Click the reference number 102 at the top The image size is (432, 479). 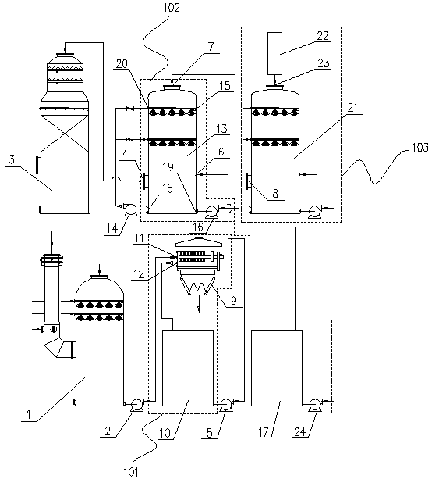[172, 7]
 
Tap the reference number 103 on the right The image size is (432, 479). [420, 148]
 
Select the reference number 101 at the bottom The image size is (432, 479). [131, 472]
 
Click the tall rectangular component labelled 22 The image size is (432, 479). [274, 53]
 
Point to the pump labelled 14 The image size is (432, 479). [129, 209]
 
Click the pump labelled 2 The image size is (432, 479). [137, 404]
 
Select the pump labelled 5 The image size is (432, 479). [226, 404]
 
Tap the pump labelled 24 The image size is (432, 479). [316, 404]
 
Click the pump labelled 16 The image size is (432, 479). [211, 212]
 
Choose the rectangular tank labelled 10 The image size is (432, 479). [187, 368]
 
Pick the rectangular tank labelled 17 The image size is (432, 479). [277, 368]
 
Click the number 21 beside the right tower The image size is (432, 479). [352, 108]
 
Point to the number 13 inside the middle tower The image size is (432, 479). [221, 129]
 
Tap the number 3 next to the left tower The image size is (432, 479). [12, 160]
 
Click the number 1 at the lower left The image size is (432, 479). [28, 415]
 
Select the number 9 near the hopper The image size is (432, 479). [233, 301]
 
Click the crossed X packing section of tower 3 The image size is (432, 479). [64, 134]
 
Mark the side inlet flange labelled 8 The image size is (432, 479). [248, 181]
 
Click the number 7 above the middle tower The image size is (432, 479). [211, 47]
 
